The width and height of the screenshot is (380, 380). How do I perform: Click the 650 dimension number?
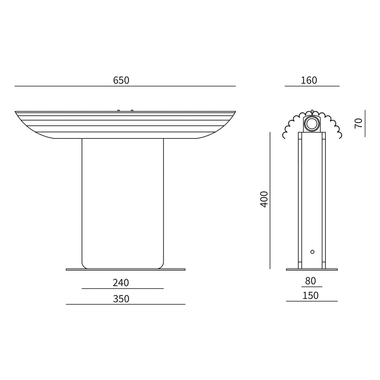click(x=121, y=80)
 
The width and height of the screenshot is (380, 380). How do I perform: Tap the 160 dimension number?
click(x=309, y=80)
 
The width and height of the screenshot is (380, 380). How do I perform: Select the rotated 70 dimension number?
click(x=358, y=123)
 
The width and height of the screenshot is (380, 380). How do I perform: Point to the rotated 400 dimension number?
click(x=264, y=199)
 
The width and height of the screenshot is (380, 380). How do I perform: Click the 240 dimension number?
click(x=121, y=282)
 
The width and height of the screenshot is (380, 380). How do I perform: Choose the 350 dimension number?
click(x=121, y=299)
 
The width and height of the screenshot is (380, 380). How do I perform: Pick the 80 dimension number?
click(x=311, y=281)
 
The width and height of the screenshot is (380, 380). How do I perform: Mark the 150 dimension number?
click(x=311, y=295)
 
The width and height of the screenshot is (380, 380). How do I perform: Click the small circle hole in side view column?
click(x=312, y=252)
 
